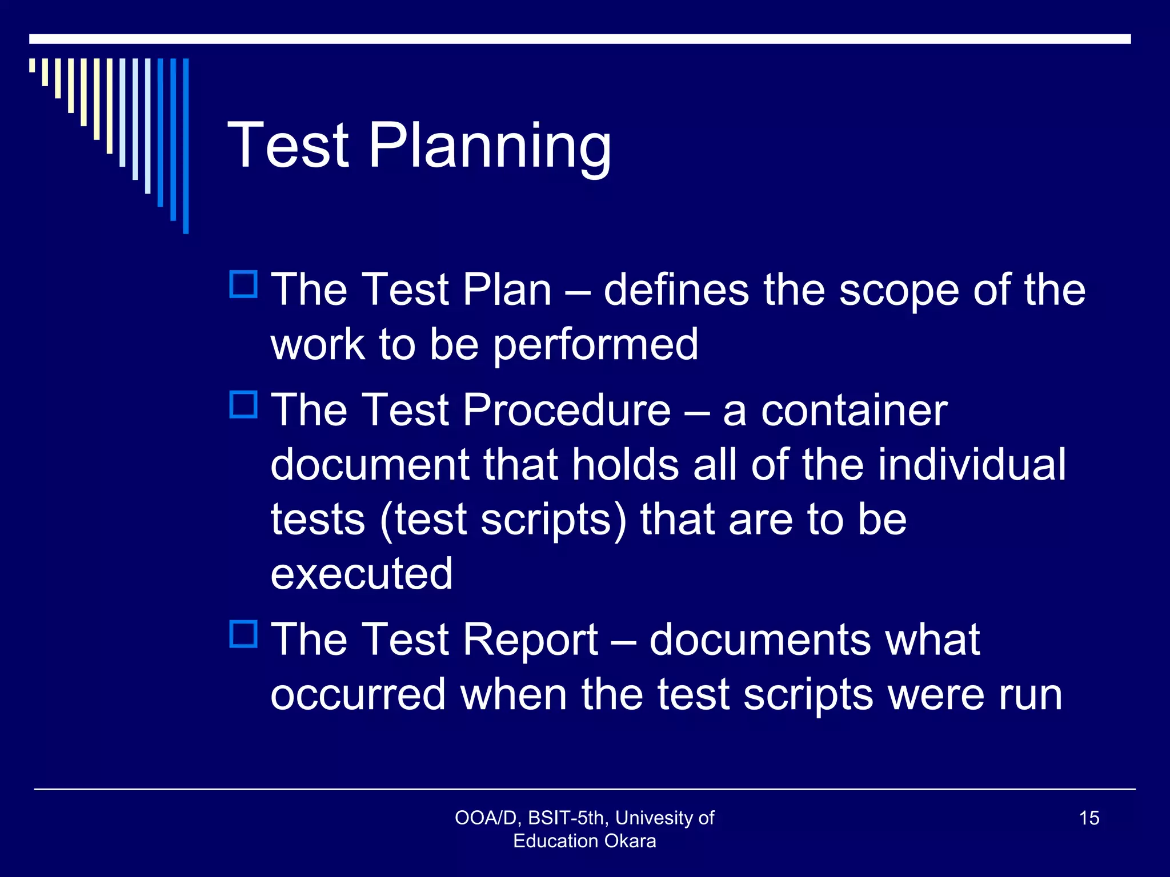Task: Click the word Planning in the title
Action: [490, 146]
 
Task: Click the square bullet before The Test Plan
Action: [244, 284]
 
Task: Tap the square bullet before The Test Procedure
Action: [244, 404]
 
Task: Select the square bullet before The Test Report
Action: [244, 634]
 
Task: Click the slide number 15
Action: [1089, 818]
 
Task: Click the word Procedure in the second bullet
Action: [567, 410]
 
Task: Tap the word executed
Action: [362, 574]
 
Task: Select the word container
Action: [854, 410]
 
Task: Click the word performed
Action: [595, 345]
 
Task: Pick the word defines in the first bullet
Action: [676, 290]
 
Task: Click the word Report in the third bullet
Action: [530, 639]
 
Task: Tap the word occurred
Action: [358, 694]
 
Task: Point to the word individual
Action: [972, 464]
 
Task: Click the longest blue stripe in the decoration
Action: [186, 146]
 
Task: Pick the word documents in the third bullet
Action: [760, 639]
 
